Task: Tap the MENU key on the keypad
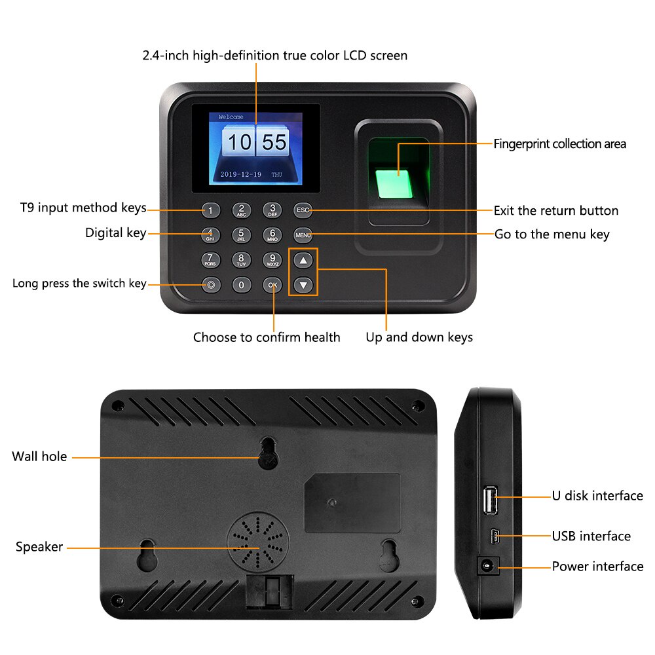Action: (303, 235)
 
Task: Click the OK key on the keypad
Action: (272, 286)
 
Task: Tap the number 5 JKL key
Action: (242, 235)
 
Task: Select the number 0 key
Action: (242, 286)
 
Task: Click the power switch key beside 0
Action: (211, 286)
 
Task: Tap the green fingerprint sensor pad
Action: (394, 183)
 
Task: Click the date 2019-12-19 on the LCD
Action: (240, 174)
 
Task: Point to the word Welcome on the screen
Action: (231, 117)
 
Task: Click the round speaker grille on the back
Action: (258, 542)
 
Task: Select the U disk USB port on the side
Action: (490, 500)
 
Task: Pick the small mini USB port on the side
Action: (495, 536)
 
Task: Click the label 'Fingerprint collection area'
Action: (560, 144)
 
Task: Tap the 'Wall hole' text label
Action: (39, 456)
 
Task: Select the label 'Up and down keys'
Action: (419, 337)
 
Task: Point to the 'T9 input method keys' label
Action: (84, 208)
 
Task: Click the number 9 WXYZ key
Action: (272, 260)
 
